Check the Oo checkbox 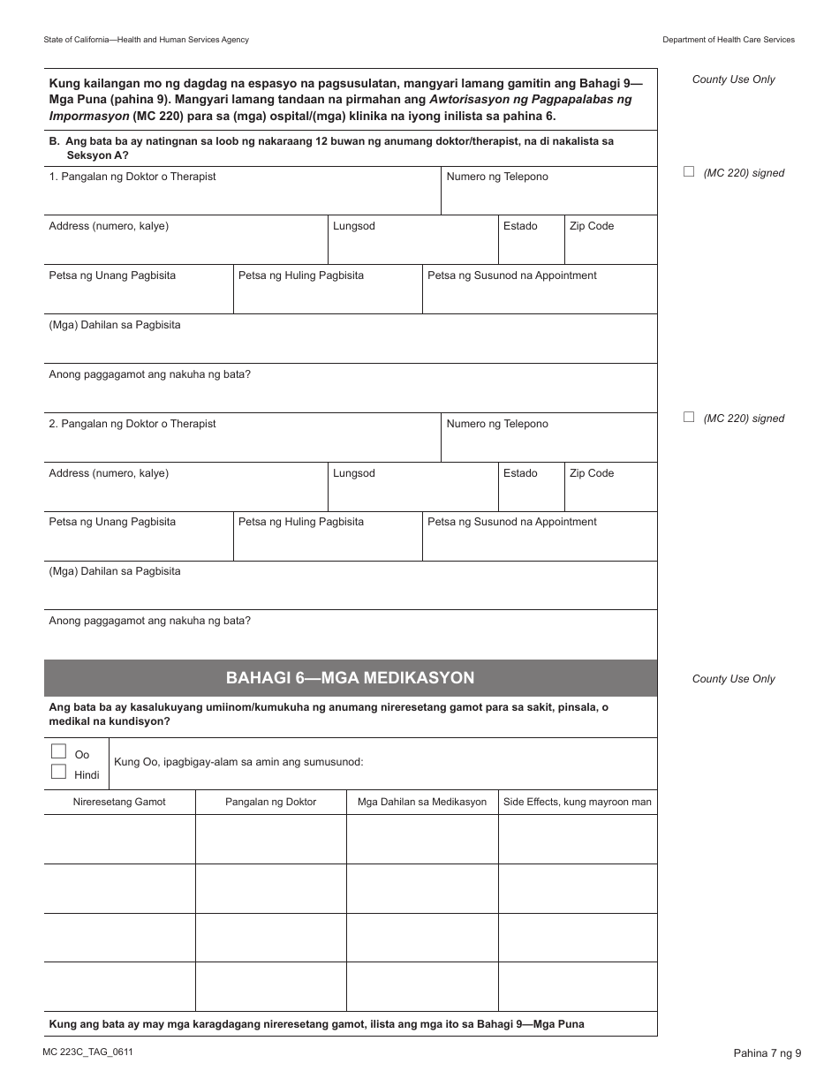58,751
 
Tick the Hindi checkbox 58,772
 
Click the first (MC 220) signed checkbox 689,172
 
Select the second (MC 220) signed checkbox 689,418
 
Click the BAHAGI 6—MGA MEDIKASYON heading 350,678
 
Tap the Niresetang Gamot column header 119,802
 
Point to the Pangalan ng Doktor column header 270,802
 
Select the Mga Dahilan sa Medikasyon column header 422,802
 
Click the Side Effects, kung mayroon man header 578,802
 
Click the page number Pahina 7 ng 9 767,1052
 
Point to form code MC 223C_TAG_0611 87,1052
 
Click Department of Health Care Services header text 729,40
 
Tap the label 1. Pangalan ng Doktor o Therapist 132,177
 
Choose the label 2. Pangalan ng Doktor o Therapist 132,424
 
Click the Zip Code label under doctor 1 592,226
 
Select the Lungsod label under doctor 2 353,473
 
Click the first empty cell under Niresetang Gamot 119,839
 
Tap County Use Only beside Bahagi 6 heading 733,679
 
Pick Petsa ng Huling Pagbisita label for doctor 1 301,275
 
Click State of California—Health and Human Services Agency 146,40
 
